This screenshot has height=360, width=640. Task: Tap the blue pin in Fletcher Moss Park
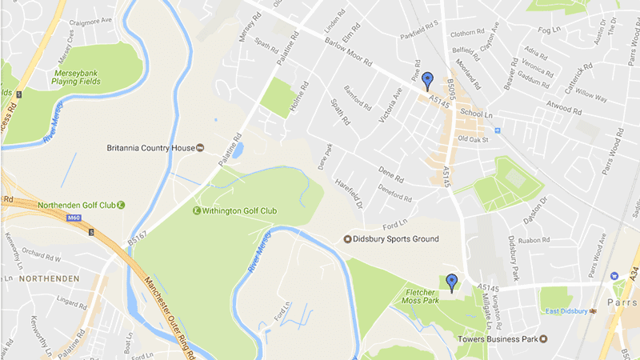[452, 282]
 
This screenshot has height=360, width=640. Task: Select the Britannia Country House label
[151, 148]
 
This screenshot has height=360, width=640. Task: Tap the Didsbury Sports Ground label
[392, 239]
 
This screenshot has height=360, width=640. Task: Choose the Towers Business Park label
[495, 339]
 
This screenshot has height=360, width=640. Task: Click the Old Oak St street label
[473, 139]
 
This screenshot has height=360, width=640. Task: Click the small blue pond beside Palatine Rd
[238, 150]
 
